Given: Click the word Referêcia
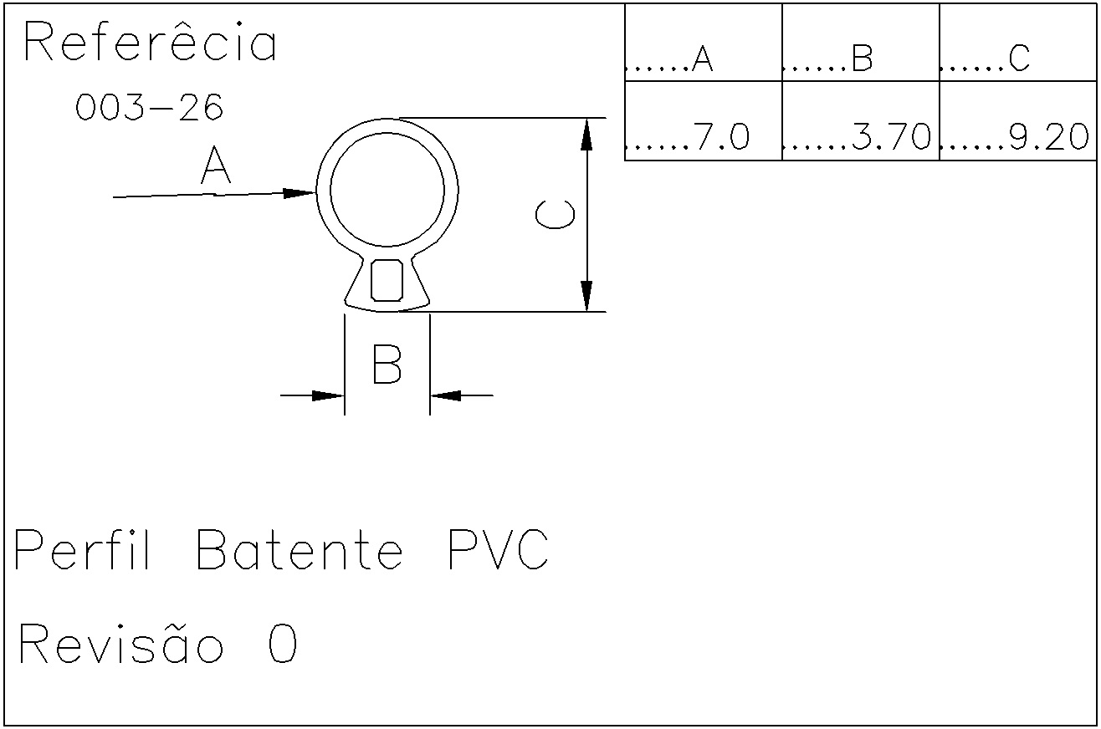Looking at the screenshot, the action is click(x=151, y=41).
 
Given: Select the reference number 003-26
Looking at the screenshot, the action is click(x=149, y=107).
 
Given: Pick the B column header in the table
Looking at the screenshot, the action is click(x=862, y=58).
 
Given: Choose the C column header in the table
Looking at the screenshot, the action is click(x=1019, y=58).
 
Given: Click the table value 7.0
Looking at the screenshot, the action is click(x=721, y=136).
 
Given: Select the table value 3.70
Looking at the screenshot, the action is click(x=891, y=136).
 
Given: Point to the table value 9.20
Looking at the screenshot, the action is click(x=1049, y=136).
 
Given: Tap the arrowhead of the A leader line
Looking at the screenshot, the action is click(x=300, y=193).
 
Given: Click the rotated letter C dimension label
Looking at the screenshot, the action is click(x=555, y=215).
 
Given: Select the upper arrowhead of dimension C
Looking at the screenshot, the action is click(x=586, y=134).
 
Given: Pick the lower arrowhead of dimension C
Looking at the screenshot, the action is click(x=586, y=296).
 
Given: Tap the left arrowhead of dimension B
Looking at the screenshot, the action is click(x=328, y=395).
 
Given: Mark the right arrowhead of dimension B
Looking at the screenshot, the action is click(x=446, y=395).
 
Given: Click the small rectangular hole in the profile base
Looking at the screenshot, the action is click(x=387, y=280).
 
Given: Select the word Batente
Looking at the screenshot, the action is click(x=300, y=550).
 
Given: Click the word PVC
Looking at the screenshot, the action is click(x=499, y=550).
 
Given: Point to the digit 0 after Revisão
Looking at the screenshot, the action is click(x=283, y=644).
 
